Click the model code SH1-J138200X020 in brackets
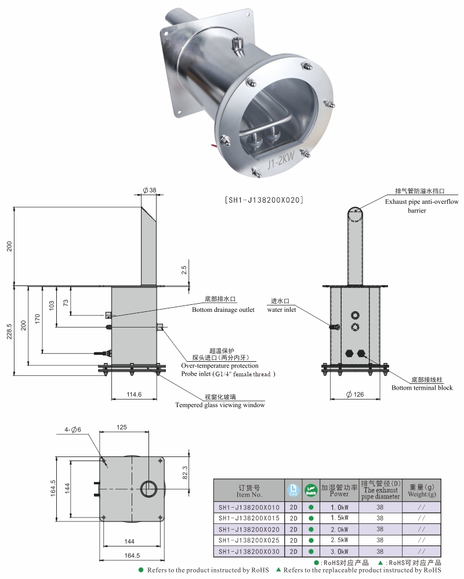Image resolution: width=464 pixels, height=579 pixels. (x=264, y=200)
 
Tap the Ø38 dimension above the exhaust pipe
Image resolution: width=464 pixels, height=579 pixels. (x=149, y=190)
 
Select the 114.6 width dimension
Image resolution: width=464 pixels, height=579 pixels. (x=134, y=394)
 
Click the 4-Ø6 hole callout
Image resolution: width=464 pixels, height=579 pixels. (x=73, y=429)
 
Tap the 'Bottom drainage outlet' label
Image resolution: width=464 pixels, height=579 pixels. (x=223, y=310)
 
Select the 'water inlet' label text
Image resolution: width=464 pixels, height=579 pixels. (x=281, y=310)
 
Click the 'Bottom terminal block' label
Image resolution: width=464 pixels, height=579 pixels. (x=422, y=387)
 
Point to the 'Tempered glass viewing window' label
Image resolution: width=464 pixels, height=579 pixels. (x=220, y=405)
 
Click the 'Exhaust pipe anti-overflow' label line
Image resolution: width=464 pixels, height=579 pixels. (x=422, y=202)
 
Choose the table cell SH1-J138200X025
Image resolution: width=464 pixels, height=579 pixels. (x=249, y=540)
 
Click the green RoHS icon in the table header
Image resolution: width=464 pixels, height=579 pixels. (x=311, y=490)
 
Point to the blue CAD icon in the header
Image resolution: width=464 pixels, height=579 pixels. (x=293, y=490)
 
